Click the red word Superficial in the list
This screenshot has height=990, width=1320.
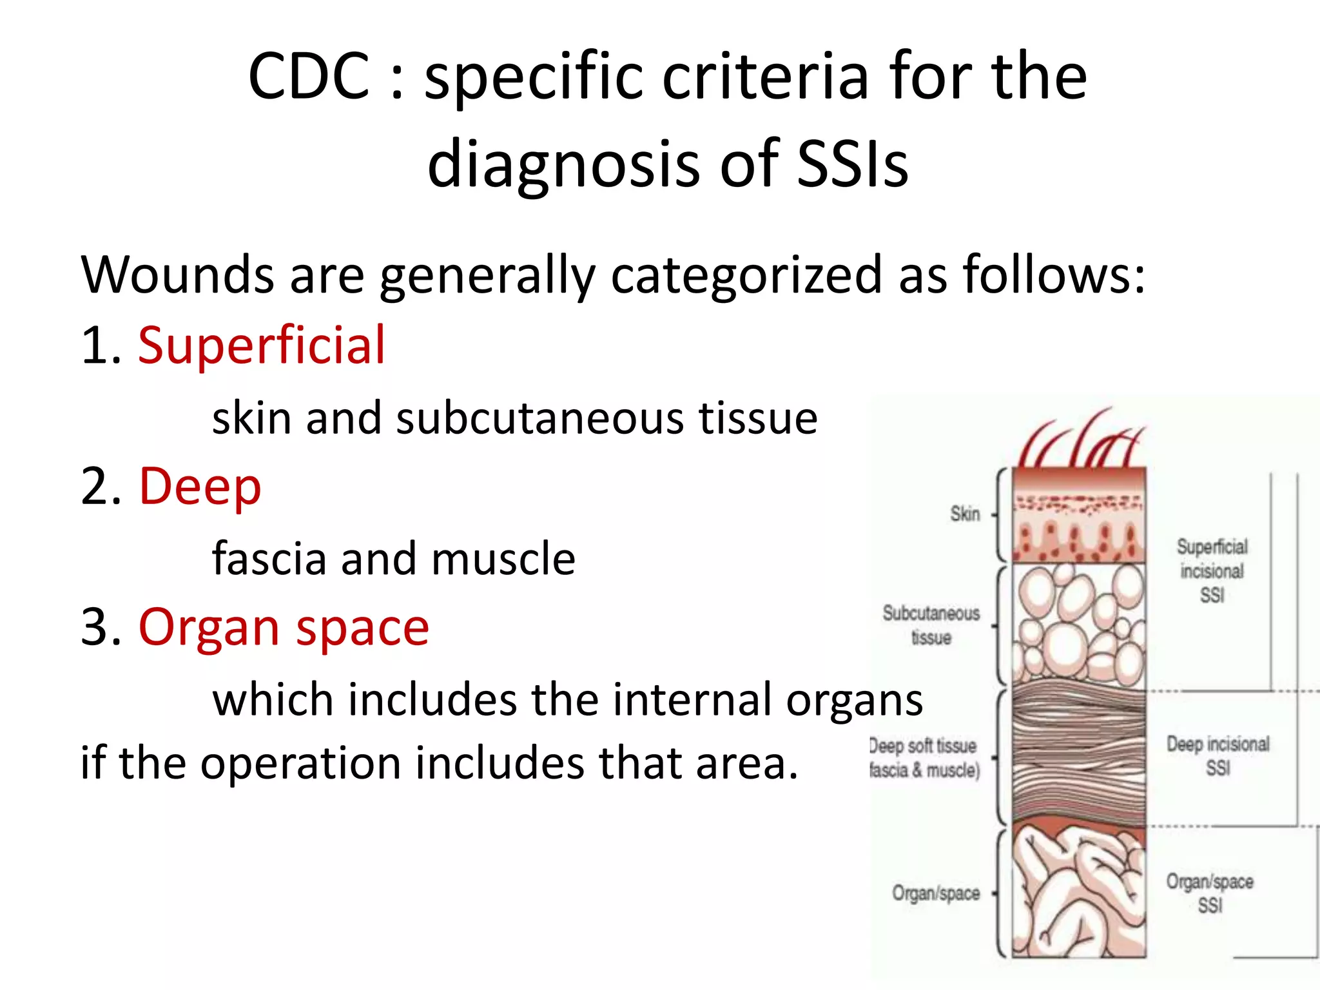point(261,345)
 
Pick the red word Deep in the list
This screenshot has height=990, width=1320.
point(200,486)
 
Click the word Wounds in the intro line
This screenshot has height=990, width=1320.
point(177,275)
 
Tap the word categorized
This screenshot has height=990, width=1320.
point(747,275)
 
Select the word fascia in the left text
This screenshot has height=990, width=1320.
point(270,558)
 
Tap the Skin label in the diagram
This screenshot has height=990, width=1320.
point(965,514)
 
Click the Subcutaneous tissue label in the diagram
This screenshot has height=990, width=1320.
point(931,625)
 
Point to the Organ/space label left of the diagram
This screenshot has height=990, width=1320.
point(936,893)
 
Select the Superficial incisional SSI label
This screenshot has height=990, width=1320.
point(1212,570)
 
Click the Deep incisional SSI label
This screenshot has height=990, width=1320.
point(1218,755)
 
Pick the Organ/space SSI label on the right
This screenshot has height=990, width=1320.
point(1210,893)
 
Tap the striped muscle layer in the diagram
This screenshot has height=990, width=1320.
point(1078,754)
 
